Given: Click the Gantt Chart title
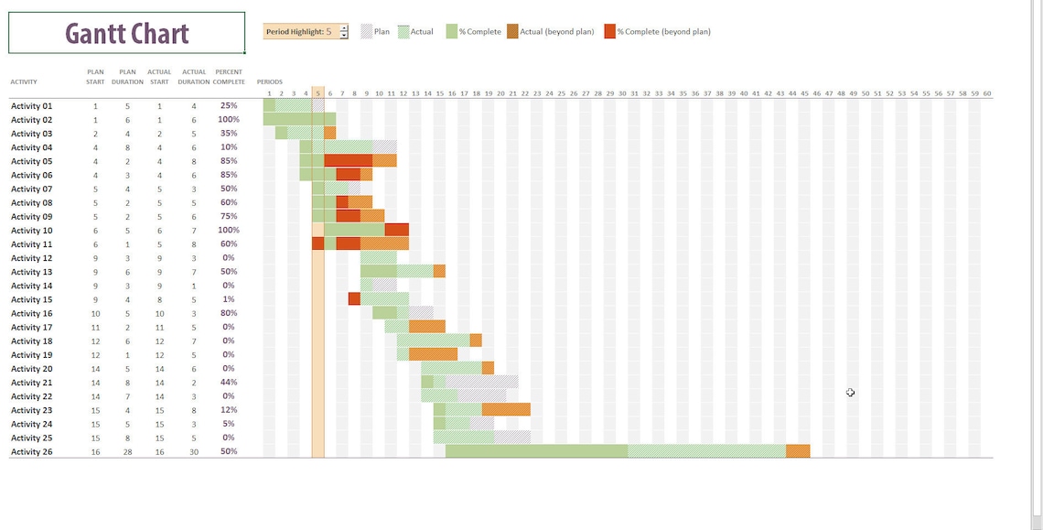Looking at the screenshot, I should pos(127,33).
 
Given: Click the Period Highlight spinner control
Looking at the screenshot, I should pos(343,32).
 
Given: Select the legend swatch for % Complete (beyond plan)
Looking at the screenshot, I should pos(609,32).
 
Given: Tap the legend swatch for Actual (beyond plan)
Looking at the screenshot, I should pos(512,32).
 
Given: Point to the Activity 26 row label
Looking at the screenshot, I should pos(31,452).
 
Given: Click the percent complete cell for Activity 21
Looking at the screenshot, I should pos(229,383).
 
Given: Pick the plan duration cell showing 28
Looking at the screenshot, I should pos(127,452).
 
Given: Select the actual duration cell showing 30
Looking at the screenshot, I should pos(193,452).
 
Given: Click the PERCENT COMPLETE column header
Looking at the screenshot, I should pos(229,76).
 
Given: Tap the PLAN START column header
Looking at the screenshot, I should pos(95,76).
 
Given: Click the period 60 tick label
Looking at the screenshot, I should pos(987,93).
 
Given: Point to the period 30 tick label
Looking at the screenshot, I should pos(622,93).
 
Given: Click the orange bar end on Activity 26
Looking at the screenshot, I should pos(798,451).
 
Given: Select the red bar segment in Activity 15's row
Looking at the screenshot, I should pos(354,298).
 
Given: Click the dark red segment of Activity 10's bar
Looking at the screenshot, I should pos(396,230).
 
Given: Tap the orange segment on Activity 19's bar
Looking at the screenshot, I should pos(433,354).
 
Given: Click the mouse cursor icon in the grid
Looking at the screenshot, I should pos(850,393).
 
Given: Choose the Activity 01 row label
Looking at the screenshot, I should pos(31,106).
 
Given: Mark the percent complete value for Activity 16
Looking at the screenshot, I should pos(229,313).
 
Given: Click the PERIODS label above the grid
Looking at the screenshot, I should pos(270,82).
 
